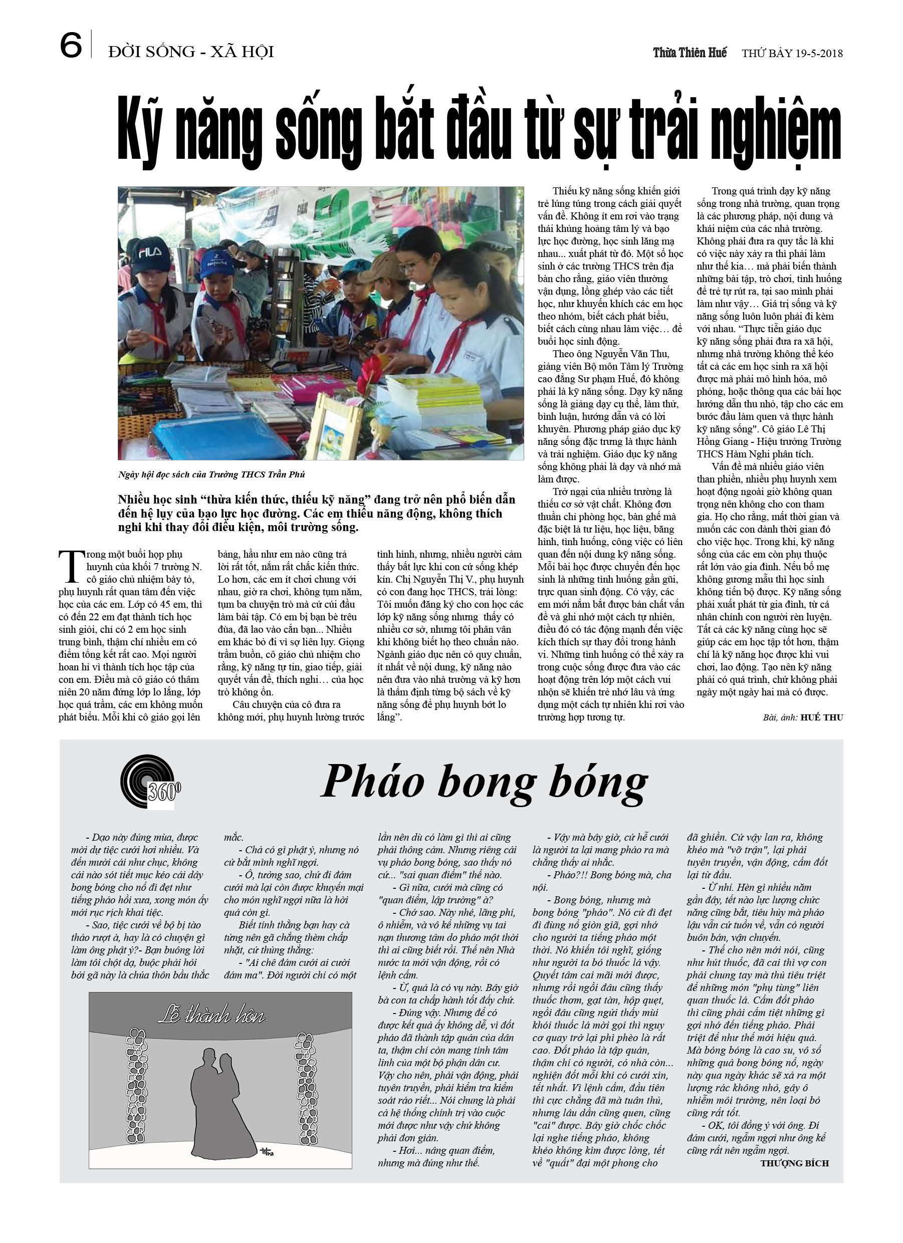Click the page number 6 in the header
click(71, 45)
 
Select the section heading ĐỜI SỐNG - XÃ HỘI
click(191, 52)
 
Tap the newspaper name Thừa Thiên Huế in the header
click(689, 53)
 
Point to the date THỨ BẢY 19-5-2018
click(792, 53)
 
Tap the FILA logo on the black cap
click(150, 253)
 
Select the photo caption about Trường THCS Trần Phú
click(211, 474)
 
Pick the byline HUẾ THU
click(821, 717)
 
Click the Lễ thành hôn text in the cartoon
click(211, 1015)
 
